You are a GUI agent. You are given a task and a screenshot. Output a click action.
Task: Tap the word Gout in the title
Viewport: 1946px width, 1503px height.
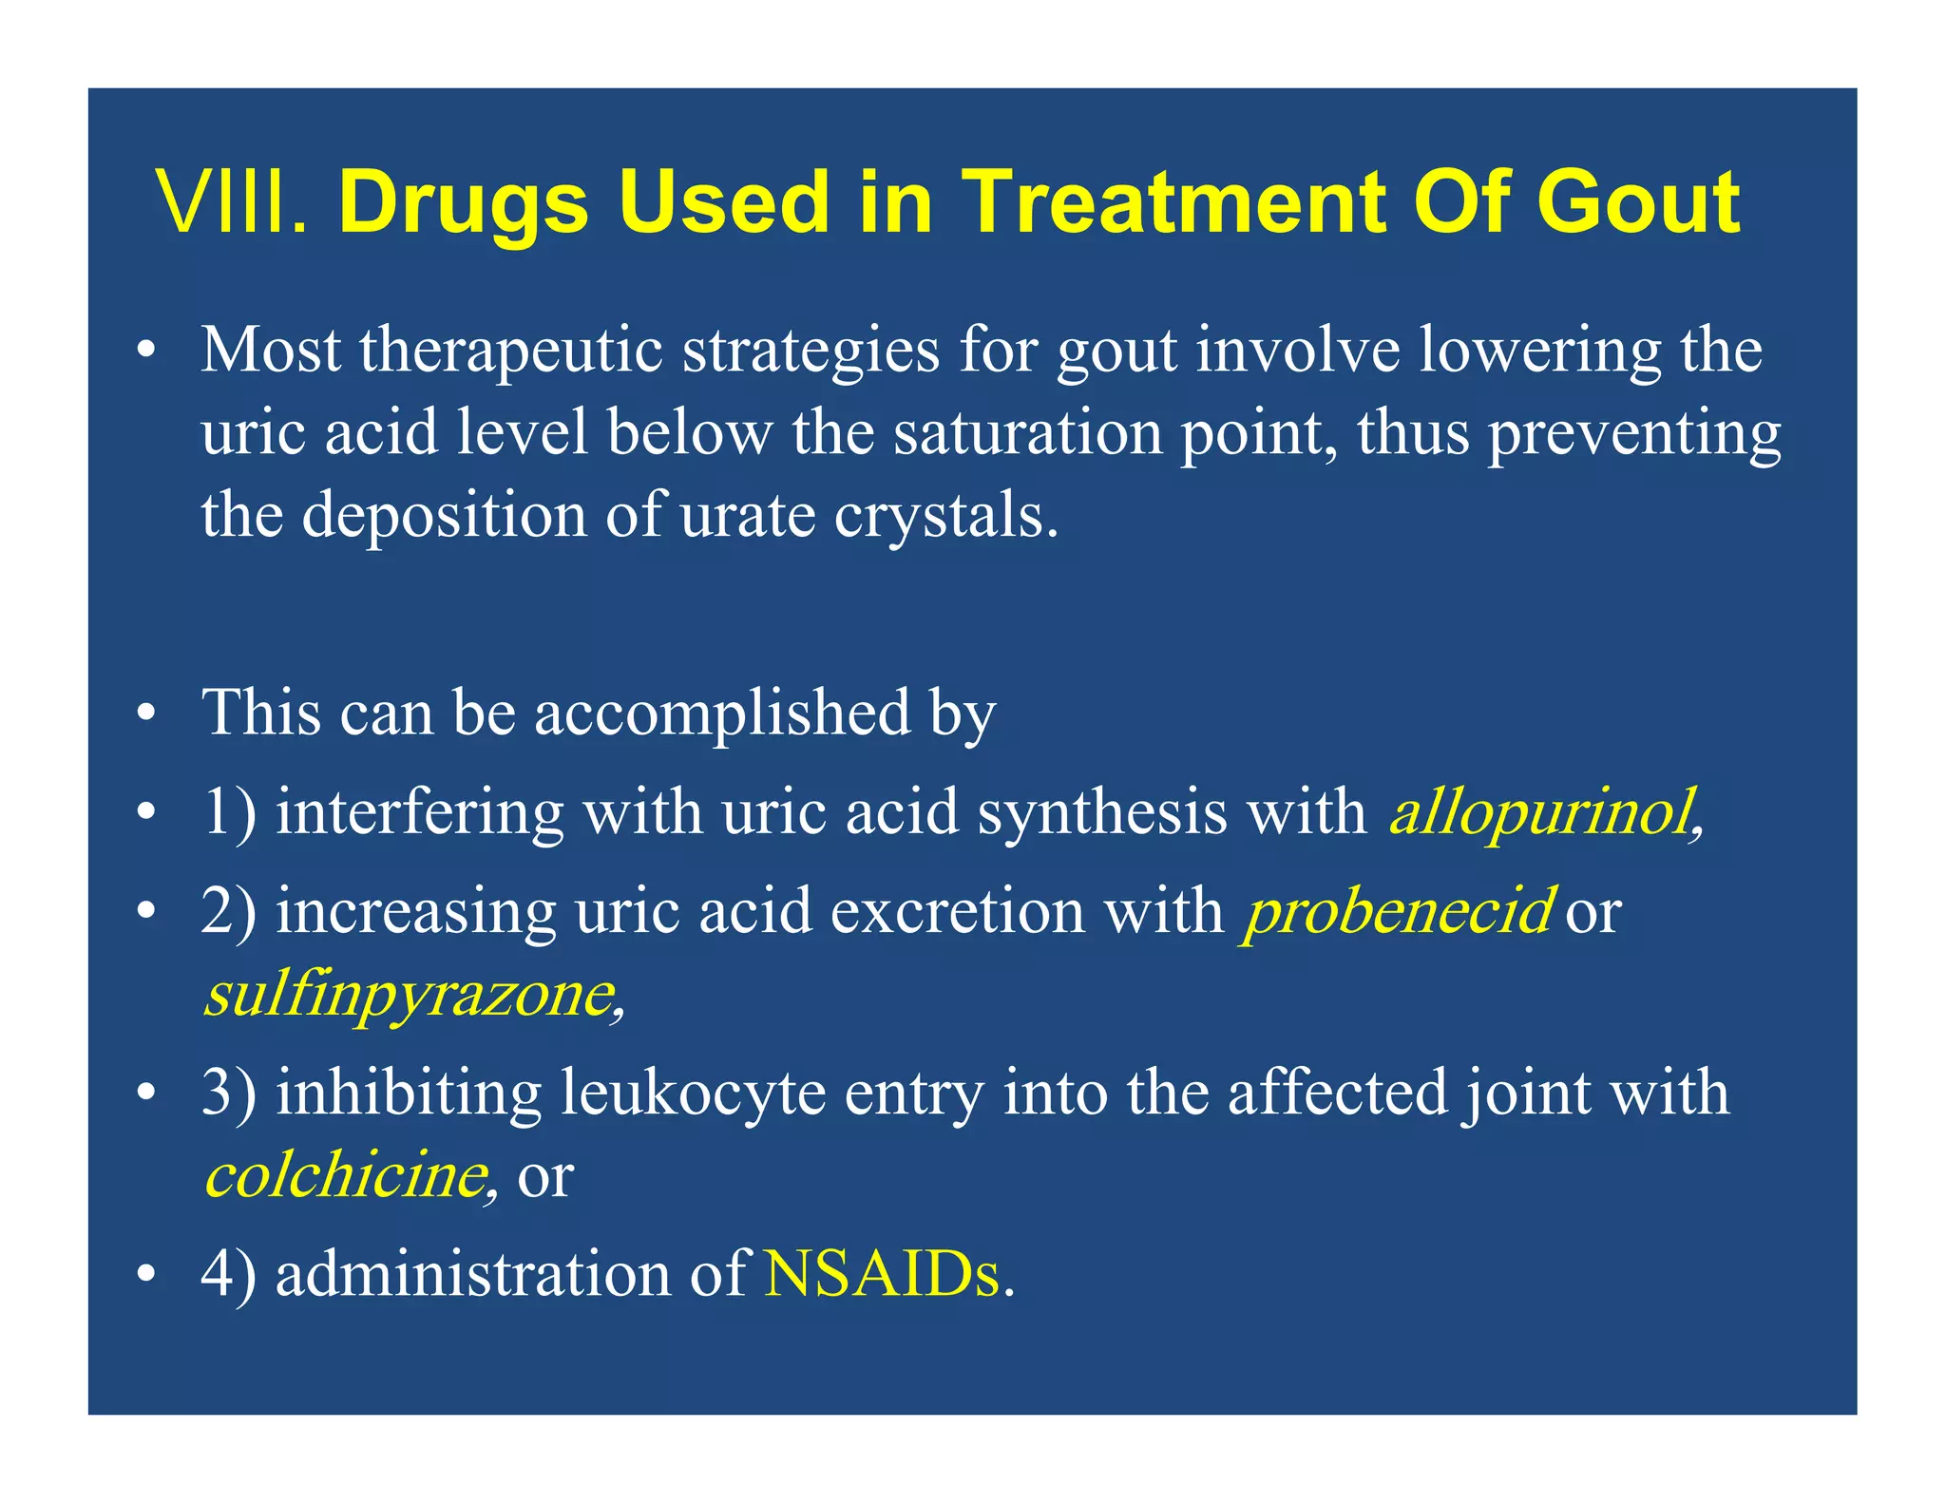click(1638, 202)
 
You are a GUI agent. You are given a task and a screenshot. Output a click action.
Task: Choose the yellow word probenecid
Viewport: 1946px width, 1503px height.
click(1397, 911)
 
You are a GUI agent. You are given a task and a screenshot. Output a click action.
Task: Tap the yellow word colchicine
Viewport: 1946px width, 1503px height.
click(347, 1175)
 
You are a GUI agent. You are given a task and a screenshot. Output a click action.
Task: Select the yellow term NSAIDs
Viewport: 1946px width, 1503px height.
click(882, 1274)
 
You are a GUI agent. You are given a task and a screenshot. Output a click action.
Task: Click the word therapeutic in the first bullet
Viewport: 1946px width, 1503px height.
click(511, 351)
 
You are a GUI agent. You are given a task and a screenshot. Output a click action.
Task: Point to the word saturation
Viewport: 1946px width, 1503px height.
click(1027, 433)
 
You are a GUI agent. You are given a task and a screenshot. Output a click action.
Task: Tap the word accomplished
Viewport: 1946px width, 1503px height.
click(722, 713)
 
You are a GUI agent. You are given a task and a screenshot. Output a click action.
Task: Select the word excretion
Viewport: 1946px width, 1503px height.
click(958, 911)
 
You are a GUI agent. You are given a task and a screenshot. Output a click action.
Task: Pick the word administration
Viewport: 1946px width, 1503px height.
click(472, 1274)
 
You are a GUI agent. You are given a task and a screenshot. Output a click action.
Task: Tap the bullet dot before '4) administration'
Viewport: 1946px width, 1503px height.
click(144, 1275)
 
